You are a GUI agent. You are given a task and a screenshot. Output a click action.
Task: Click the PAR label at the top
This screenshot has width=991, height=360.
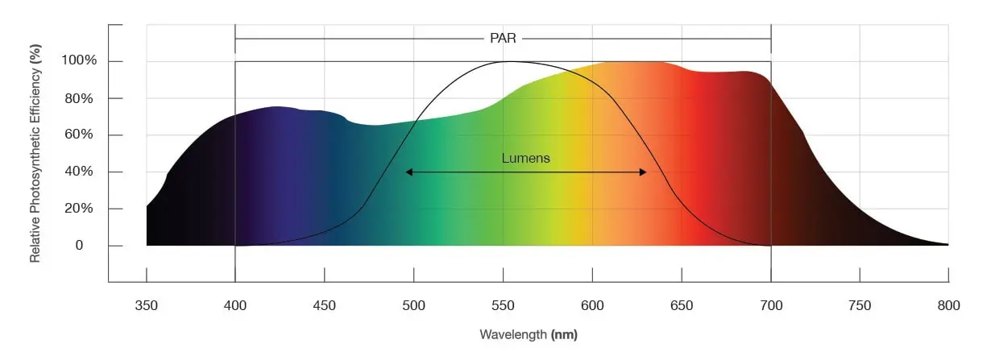pos(503,38)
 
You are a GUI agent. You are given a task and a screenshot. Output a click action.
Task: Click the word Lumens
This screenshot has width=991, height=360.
pos(525,158)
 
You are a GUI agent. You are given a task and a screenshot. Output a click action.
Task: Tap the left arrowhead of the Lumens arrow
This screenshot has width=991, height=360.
pos(409,172)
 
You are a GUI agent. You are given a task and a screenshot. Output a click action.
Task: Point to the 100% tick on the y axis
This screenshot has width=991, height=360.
pos(81,61)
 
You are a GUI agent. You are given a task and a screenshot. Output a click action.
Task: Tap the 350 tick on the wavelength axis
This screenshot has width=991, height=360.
pos(147,305)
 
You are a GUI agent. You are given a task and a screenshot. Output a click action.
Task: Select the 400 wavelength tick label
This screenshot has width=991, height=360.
pos(235,305)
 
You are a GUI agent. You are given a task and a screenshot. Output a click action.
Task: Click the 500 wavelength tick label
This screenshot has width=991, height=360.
pos(413,305)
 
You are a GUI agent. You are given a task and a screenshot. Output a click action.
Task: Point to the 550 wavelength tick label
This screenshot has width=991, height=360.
pos(503,305)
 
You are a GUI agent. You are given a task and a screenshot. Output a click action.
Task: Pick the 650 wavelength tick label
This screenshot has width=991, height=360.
pos(682,305)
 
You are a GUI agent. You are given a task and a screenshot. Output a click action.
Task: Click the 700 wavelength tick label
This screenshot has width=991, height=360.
pos(771,305)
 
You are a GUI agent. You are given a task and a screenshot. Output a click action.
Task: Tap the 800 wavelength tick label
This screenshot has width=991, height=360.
pos(948,305)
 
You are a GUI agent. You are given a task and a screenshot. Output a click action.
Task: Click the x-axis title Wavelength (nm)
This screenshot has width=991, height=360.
pos(529,333)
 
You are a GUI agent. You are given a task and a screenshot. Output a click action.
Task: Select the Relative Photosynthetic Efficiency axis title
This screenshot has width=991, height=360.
pos(35,154)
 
